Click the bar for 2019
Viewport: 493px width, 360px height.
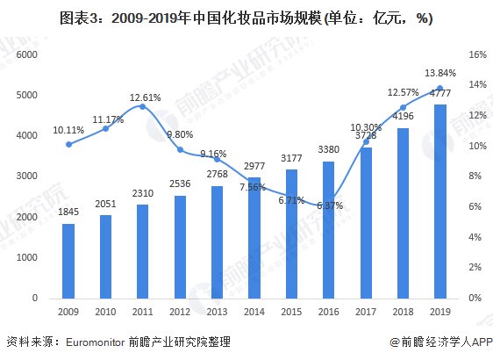coord(440,201)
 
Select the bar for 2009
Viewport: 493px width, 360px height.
coord(68,261)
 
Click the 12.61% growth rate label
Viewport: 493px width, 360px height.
coord(143,97)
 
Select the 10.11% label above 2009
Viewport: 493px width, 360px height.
coord(68,129)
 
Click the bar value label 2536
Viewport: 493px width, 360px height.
coord(180,185)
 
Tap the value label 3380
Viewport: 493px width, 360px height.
coord(329,151)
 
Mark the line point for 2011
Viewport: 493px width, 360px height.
coord(143,107)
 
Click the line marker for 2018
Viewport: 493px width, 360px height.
coord(404,107)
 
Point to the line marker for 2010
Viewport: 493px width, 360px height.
coord(105,128)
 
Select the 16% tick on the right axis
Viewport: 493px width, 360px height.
coord(476,54)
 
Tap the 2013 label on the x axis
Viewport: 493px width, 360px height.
coord(218,312)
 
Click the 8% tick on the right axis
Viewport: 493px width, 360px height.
coord(474,176)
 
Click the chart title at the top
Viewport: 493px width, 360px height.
coord(246,17)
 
